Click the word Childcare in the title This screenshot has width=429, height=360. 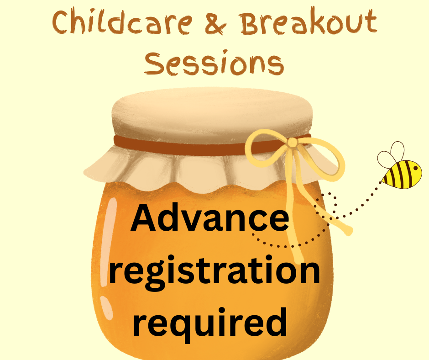pyautogui.click(x=122, y=22)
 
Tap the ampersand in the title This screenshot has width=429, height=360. pyautogui.click(x=216, y=24)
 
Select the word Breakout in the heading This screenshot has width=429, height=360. pyautogui.click(x=309, y=21)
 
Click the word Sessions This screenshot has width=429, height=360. pyautogui.click(x=214, y=63)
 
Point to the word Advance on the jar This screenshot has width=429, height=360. pyautogui.click(x=210, y=218)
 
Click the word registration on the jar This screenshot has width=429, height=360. pyautogui.click(x=215, y=272)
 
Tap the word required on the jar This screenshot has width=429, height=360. pyautogui.click(x=210, y=323)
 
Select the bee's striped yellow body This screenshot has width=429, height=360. pyautogui.click(x=402, y=175)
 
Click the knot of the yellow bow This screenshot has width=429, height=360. pyautogui.click(x=292, y=143)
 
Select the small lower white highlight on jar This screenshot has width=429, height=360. pyautogui.click(x=106, y=307)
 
